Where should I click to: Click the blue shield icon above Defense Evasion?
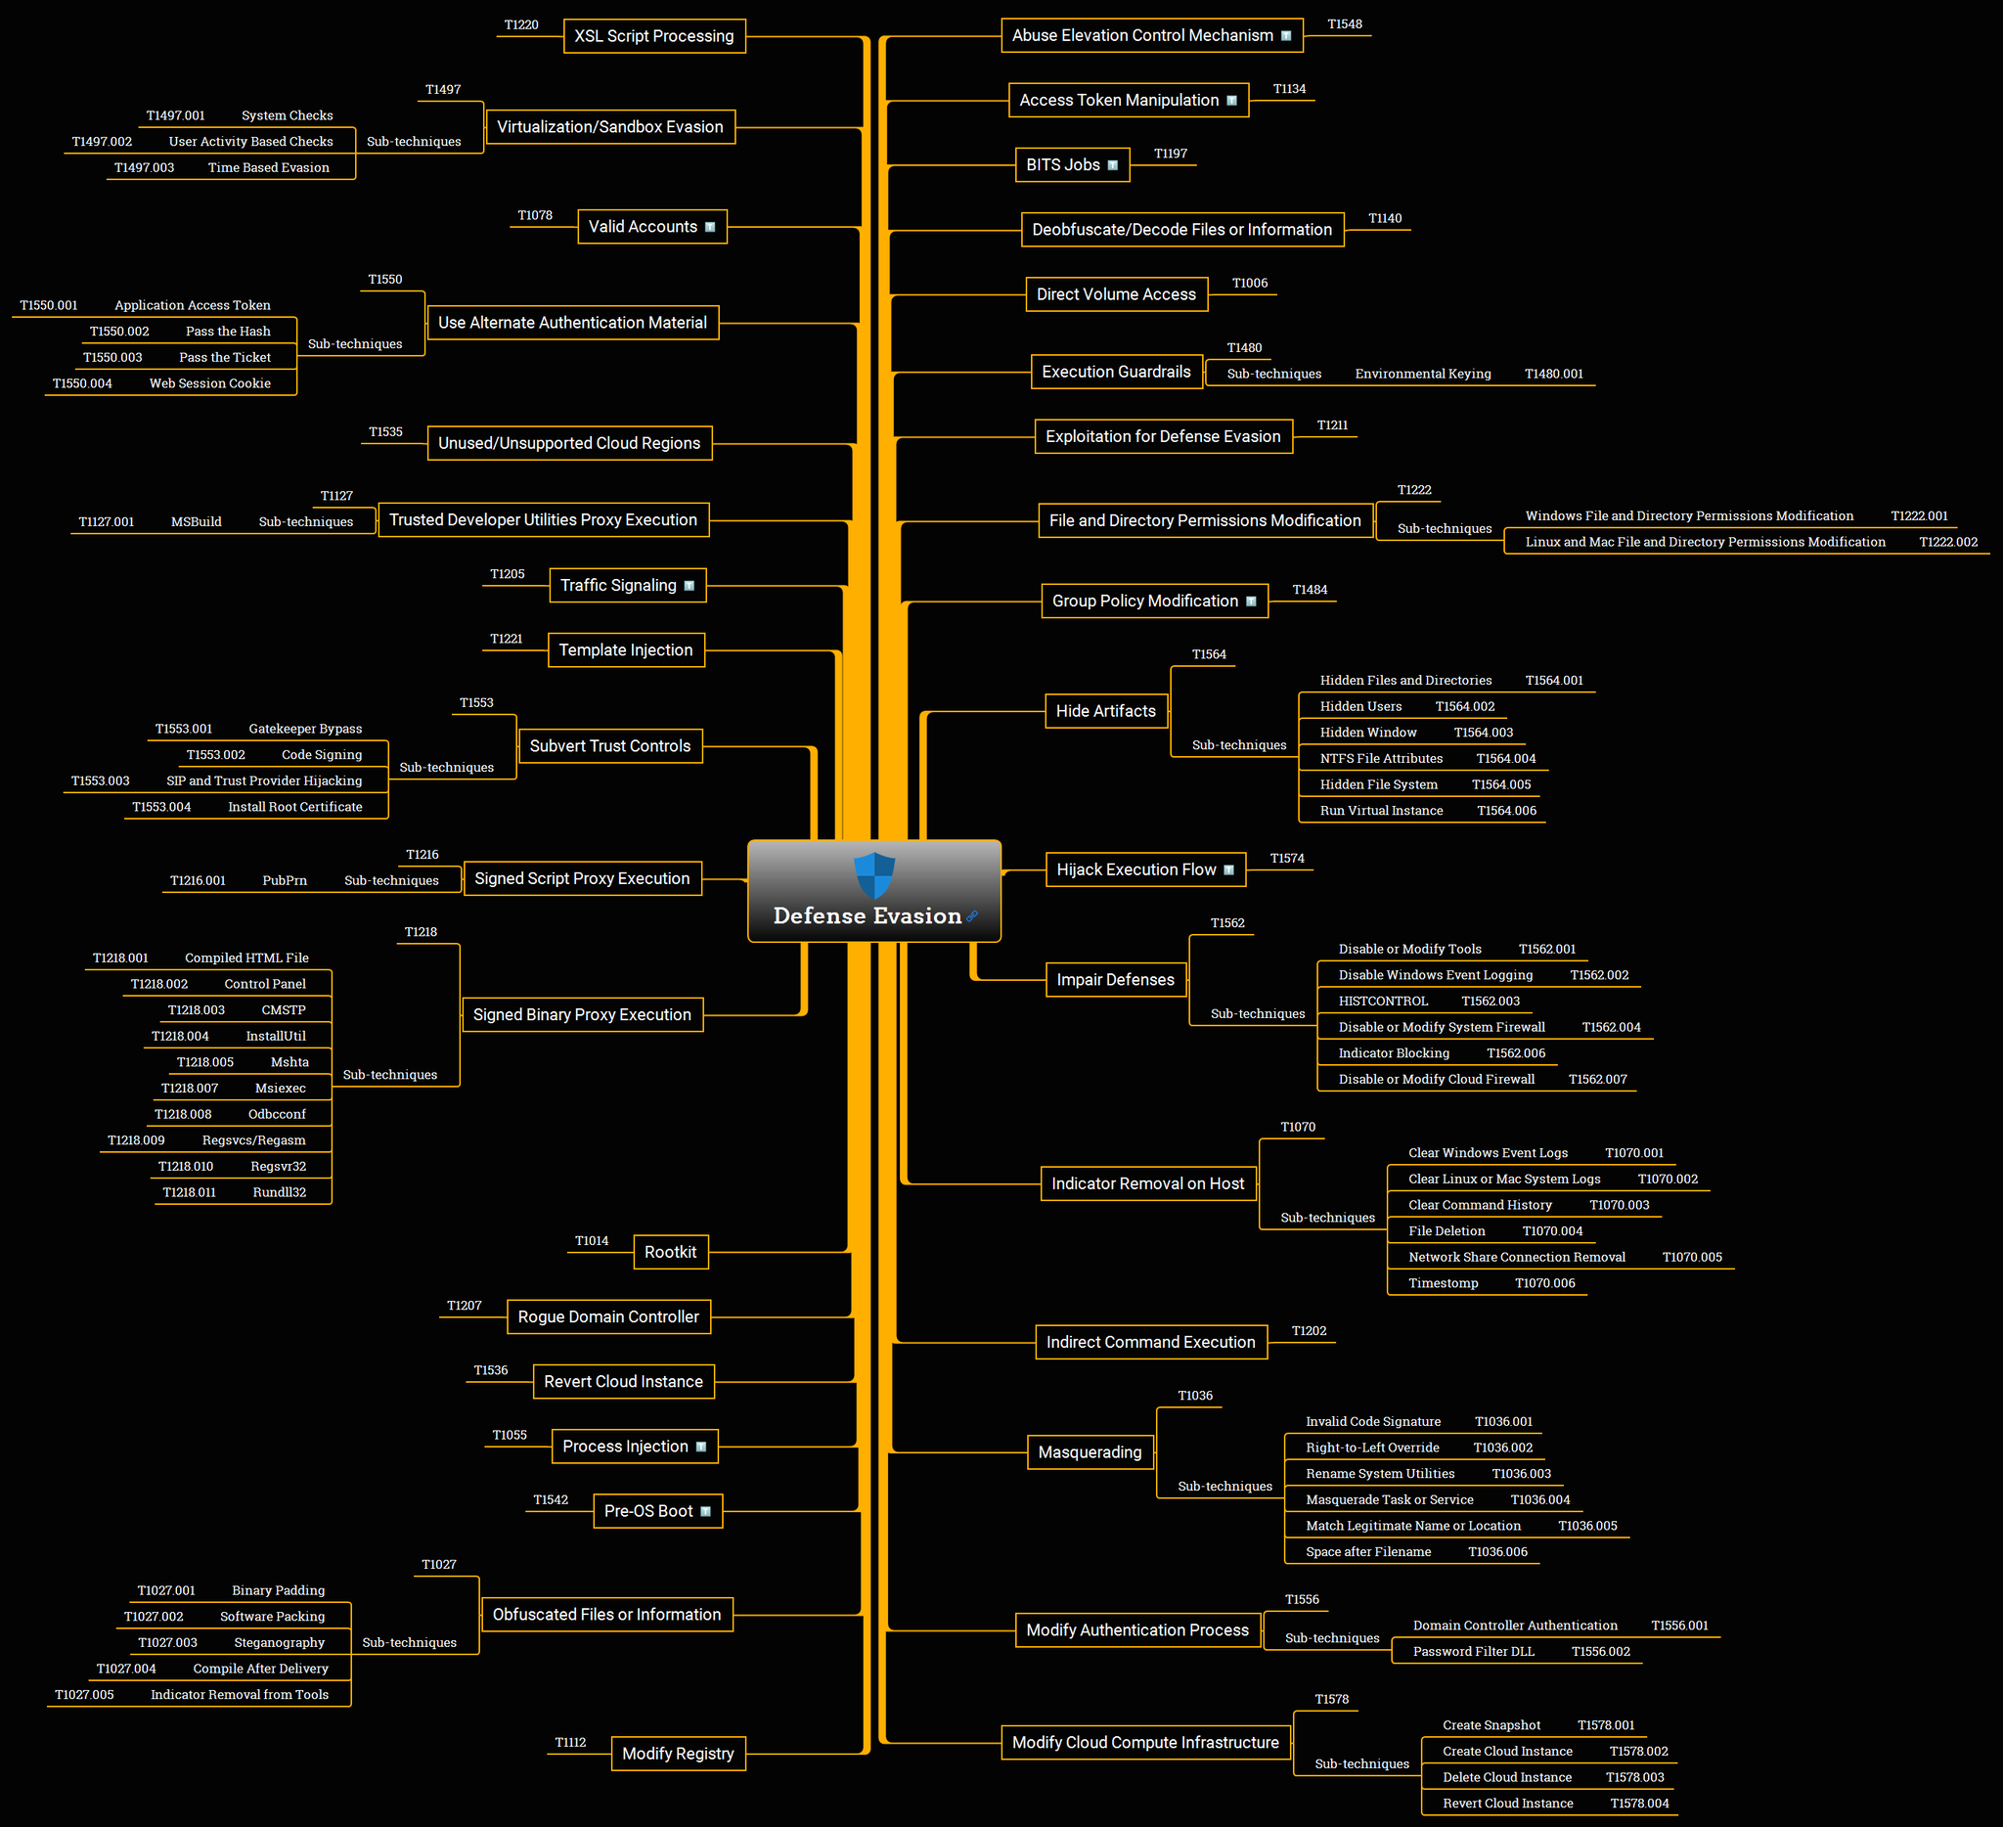tap(874, 875)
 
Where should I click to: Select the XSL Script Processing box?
tap(653, 36)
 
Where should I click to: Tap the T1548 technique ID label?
tap(1344, 23)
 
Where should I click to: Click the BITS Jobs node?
tap(1072, 165)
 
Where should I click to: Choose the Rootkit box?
tap(671, 1252)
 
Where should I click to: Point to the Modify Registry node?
tap(678, 1754)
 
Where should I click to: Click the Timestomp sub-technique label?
tap(1443, 1282)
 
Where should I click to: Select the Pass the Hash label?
tap(228, 331)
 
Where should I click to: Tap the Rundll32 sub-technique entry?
tap(279, 1192)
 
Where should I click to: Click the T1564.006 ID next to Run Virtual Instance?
tap(1506, 810)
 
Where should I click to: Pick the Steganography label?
tap(279, 1642)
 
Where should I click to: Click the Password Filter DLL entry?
tap(1474, 1651)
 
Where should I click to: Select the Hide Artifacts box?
tap(1106, 711)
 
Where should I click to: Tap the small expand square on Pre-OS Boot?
tap(705, 1512)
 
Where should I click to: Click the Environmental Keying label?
tap(1423, 374)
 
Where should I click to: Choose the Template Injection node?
tap(626, 649)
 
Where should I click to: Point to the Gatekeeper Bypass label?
tap(305, 729)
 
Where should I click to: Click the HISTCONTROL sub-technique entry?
tap(1383, 1001)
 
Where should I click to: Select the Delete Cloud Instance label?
tap(1507, 1777)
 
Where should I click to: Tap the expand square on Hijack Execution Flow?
tap(1229, 870)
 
